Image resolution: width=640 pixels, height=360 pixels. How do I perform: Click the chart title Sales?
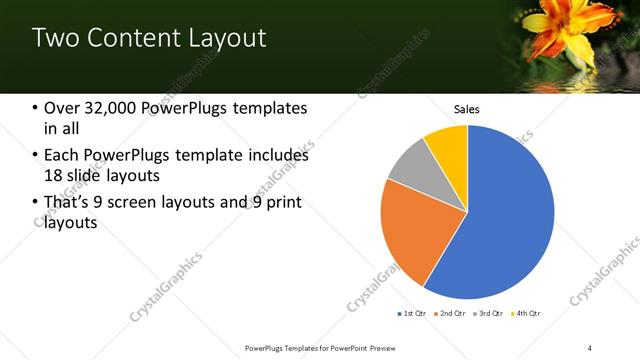pos(468,108)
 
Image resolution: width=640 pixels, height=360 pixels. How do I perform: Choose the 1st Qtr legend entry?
pos(411,314)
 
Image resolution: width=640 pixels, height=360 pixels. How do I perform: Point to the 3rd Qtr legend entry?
pos(488,314)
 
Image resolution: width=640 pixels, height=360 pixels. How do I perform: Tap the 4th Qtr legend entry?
pos(526,314)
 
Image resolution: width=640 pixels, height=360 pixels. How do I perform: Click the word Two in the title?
pos(53,38)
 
